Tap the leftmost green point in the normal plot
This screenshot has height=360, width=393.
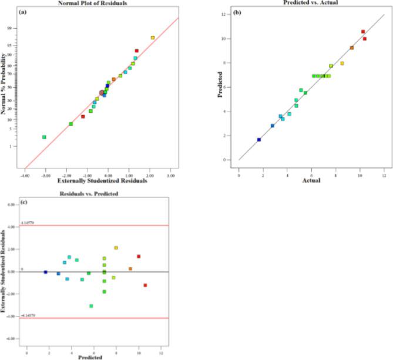(44, 137)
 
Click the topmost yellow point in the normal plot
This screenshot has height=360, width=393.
(152, 38)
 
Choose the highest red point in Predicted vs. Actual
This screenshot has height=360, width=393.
(363, 32)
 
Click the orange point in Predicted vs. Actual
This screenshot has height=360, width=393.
(352, 48)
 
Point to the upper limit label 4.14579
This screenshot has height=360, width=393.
(29, 223)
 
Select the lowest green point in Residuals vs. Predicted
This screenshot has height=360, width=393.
(91, 305)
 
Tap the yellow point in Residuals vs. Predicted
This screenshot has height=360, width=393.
(116, 248)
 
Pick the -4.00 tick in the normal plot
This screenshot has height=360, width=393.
(25, 174)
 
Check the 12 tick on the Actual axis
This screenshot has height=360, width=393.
(384, 174)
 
